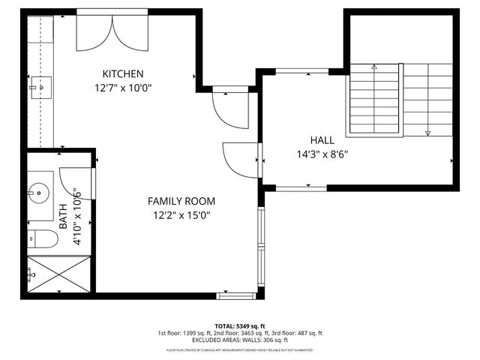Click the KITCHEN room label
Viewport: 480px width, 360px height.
pos(123,73)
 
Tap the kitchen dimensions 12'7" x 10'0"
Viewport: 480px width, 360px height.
pos(123,87)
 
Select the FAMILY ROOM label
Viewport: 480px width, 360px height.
pos(181,201)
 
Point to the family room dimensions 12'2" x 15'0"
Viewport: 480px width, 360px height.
pos(181,215)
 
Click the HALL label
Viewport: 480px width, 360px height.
pos(322,140)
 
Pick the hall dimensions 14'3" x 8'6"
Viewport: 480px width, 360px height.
pos(322,154)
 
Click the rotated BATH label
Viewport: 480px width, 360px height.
pos(64,217)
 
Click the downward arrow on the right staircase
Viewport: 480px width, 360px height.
pos(427,132)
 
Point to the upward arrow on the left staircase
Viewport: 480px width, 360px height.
pos(376,67)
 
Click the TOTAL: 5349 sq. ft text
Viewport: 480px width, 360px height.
pos(240,325)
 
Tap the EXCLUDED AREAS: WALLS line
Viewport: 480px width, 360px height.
pos(240,340)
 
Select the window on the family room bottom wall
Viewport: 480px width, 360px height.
pos(236,295)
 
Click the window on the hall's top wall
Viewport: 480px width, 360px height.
pos(302,71)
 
